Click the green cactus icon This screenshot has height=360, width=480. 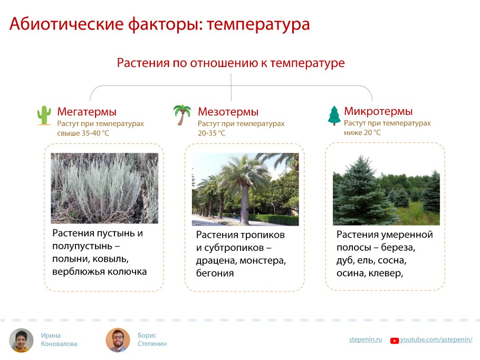(x=44, y=115)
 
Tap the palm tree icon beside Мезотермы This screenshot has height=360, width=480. (x=182, y=115)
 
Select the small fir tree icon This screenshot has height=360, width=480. (x=334, y=115)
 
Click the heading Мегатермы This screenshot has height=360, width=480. (x=87, y=112)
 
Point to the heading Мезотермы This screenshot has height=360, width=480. (x=228, y=112)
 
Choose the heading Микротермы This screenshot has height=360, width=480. (x=378, y=111)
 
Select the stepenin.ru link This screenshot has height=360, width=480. (x=365, y=339)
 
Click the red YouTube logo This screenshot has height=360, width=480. (x=394, y=340)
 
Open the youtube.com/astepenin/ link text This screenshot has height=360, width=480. (x=436, y=339)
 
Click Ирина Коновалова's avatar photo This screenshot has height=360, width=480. (x=22, y=340)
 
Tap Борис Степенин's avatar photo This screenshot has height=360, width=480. (x=118, y=340)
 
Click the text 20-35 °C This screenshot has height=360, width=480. (x=212, y=133)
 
